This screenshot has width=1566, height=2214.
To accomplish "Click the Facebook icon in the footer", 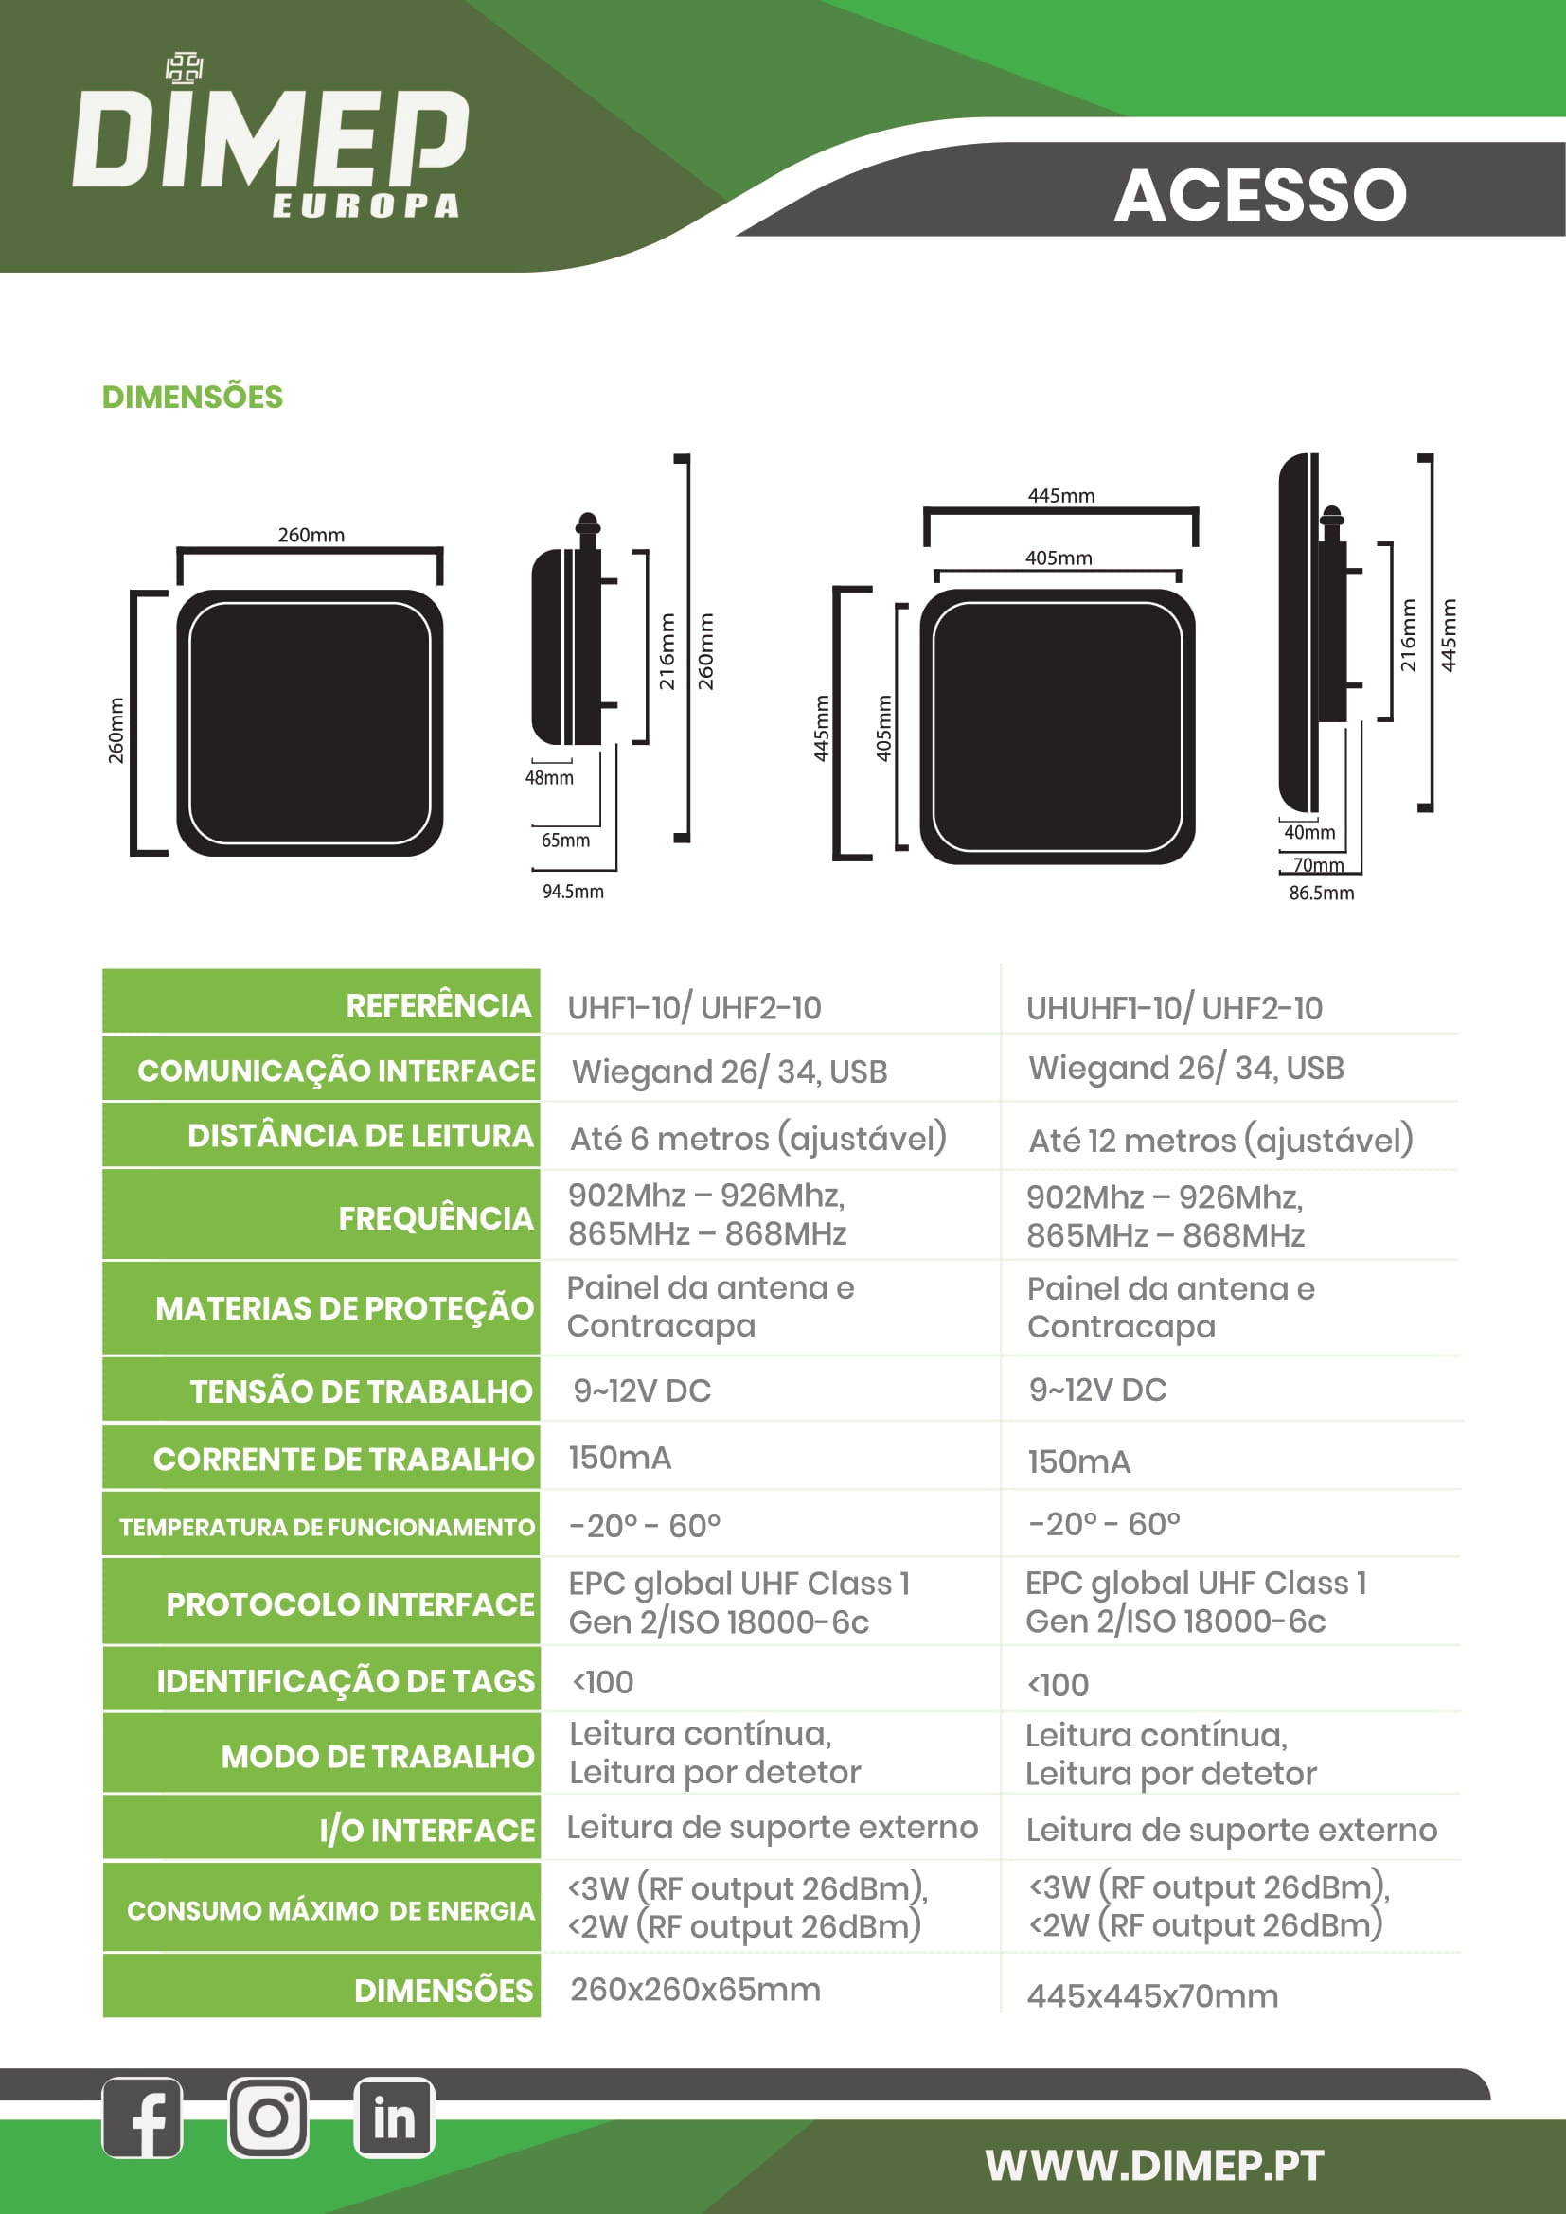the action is point(142,2117).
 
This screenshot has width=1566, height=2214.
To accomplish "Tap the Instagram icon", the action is point(268,2117).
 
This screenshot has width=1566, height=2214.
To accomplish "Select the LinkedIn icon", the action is point(395,2117).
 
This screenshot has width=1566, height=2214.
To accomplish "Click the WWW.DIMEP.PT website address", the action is point(1154,2165).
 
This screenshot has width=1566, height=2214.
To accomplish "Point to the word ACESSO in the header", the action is point(1260,195).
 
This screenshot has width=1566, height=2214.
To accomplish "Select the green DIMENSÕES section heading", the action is point(193,398).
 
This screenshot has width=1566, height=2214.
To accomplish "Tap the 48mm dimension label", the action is point(549,778).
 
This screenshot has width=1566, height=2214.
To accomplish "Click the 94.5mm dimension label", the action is point(573,892).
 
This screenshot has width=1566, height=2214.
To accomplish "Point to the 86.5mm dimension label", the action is point(1321,894).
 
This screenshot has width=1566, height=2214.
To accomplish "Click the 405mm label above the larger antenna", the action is point(1058,558).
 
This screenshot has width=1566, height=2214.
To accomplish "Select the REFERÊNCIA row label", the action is point(437,1006).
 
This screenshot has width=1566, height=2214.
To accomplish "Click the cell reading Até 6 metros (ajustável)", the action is point(758,1139).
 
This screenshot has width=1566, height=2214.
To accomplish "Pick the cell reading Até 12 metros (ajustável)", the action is point(1220,1141).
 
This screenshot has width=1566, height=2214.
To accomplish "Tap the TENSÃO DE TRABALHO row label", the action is point(361,1391).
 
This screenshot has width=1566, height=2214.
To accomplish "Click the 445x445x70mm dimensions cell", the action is point(1152,1996).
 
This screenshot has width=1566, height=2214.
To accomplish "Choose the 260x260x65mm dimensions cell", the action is point(695,1991).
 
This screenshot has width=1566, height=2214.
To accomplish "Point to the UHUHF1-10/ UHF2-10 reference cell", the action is point(1173,1009).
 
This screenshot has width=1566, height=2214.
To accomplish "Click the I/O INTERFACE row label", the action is point(426,1831).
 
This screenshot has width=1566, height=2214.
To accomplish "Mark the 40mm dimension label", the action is point(1308,832).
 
